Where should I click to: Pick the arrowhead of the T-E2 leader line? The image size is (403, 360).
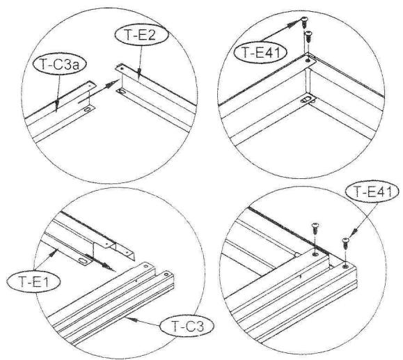[139, 72]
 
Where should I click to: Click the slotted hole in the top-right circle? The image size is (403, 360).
[307, 100]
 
